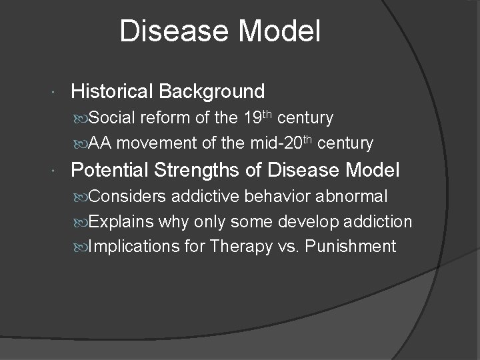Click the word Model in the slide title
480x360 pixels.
tap(283, 31)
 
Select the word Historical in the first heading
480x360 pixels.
tap(111, 91)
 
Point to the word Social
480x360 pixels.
tap(111, 118)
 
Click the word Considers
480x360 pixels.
tap(127, 197)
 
